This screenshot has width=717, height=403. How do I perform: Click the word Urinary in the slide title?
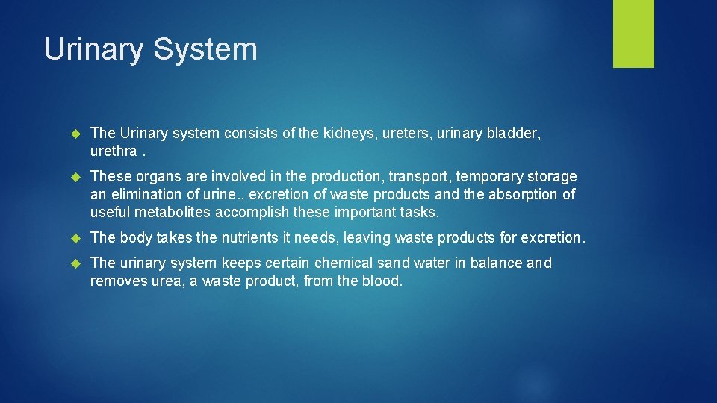(x=94, y=50)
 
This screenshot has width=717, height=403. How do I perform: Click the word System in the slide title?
(x=205, y=50)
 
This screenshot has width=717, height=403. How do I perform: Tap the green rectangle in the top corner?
(x=633, y=34)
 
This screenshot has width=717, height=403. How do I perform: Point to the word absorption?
(x=518, y=195)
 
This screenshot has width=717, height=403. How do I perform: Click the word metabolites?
(x=173, y=213)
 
